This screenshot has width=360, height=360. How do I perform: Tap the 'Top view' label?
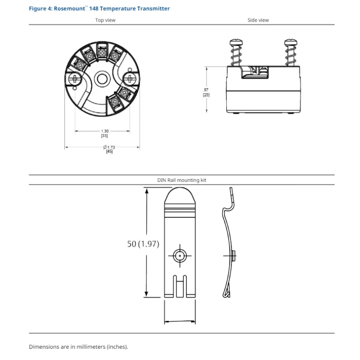point(105,20)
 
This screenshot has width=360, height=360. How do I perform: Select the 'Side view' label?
point(258,20)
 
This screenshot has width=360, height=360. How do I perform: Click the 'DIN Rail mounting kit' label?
point(182,180)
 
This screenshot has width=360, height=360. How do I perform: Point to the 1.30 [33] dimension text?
point(104,133)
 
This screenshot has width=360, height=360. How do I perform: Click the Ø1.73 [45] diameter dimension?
point(109,149)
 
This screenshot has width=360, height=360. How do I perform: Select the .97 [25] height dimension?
point(207,92)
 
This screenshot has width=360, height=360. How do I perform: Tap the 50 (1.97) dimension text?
point(143,243)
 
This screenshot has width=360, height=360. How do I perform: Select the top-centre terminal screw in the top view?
point(102,54)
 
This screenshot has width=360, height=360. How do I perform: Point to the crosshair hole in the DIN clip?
point(180,256)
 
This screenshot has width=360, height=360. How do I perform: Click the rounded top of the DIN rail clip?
point(180,196)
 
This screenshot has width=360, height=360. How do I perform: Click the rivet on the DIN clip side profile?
point(234,256)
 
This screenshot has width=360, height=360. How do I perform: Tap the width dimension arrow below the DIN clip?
point(180,322)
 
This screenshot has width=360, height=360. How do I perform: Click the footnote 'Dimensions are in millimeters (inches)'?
point(79,347)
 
